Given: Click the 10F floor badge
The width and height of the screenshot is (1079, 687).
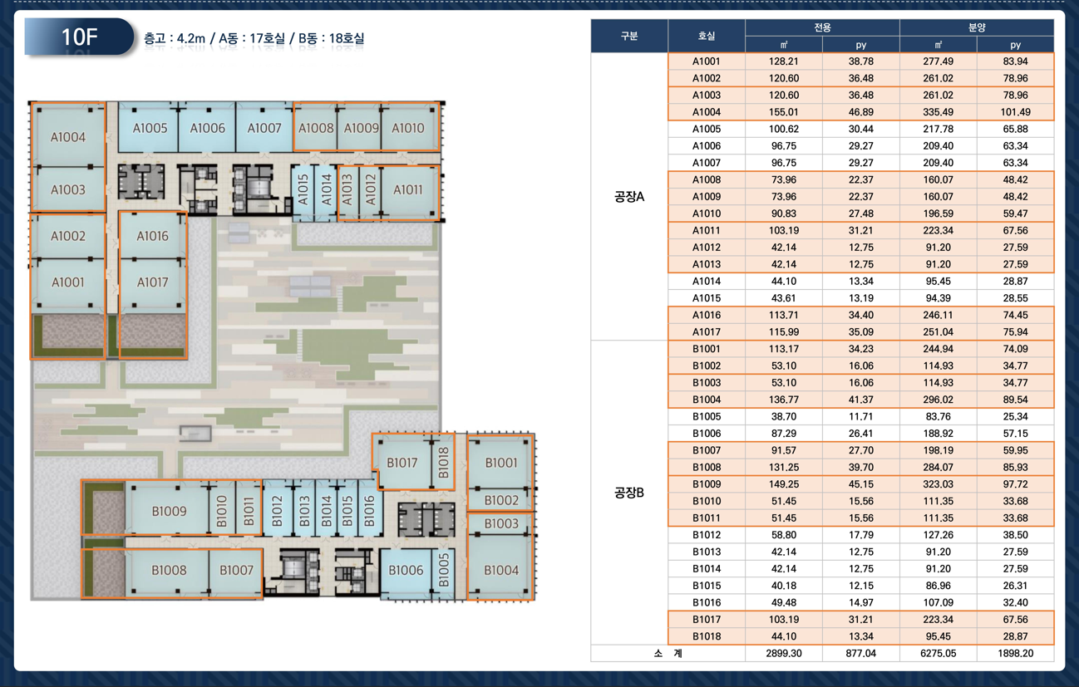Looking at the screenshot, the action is point(80,37).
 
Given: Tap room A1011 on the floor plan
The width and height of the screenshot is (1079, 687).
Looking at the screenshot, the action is point(408,190).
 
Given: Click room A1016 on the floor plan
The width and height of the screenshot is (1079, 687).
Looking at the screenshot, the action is point(152,236).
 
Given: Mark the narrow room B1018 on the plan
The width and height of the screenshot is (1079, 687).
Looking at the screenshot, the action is point(443,462).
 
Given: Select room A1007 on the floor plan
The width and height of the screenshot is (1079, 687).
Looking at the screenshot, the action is point(264,128).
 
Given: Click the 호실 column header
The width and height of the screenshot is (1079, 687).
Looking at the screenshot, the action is point(706,36).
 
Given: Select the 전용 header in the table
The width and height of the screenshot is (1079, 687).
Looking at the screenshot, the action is point(822,27).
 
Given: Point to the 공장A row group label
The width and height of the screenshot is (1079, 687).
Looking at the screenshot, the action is point(629,196).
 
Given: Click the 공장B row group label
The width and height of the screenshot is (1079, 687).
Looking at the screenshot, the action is point(629,493).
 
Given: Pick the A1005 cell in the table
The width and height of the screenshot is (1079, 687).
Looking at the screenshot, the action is point(706,129).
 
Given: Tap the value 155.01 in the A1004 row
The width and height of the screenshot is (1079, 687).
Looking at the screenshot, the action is point(784,112).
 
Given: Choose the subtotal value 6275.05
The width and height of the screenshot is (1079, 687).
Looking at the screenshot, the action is point(938,653).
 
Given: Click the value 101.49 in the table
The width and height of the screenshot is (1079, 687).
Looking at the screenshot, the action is point(1016,112).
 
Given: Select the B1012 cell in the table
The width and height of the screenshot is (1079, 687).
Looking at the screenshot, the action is point(706,535).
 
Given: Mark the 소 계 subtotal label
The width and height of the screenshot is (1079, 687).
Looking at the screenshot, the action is point(668,653).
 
